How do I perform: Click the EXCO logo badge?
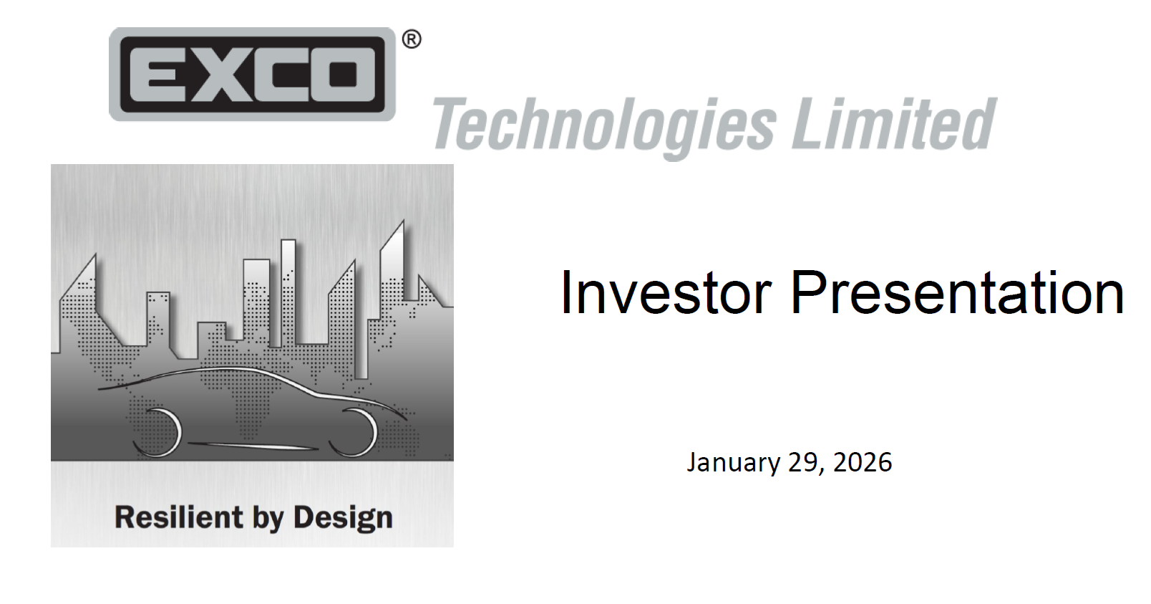click(252, 74)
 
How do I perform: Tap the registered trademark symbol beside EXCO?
click(412, 39)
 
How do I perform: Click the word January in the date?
click(733, 462)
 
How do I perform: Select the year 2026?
click(863, 462)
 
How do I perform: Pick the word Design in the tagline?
click(343, 517)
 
